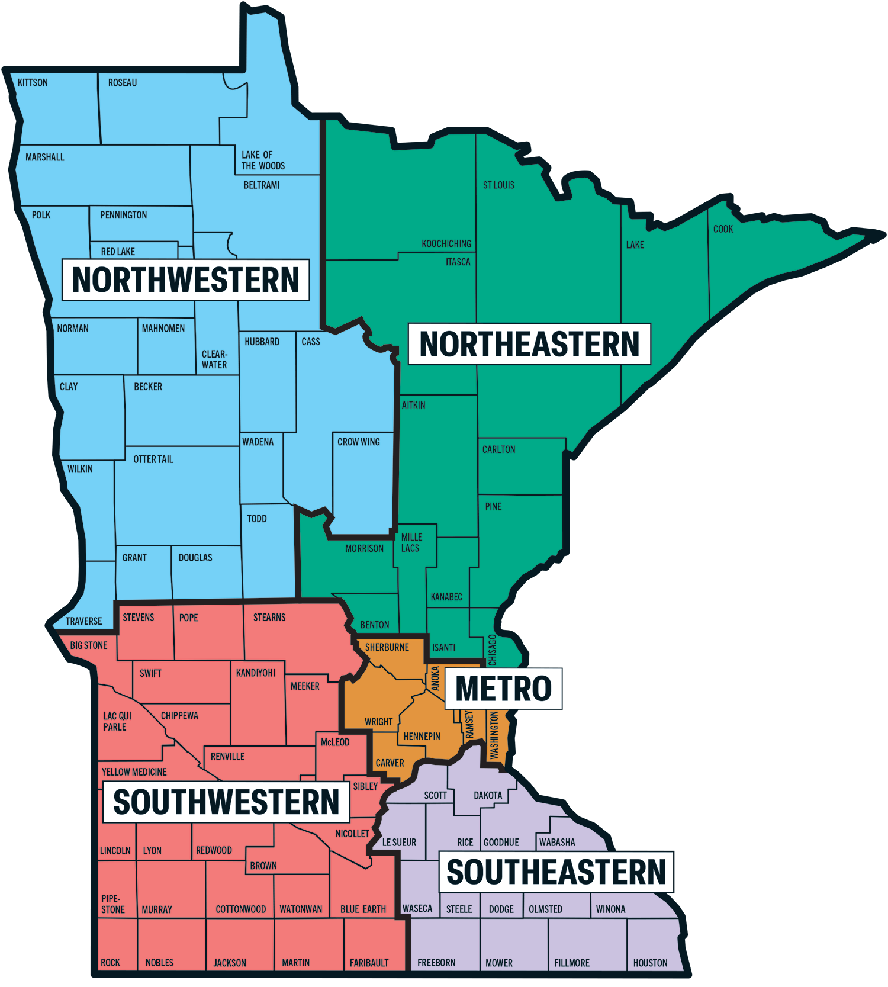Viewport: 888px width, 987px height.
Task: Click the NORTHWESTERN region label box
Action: click(x=185, y=280)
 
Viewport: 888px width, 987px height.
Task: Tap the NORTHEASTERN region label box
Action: click(x=529, y=344)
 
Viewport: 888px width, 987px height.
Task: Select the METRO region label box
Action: click(x=503, y=689)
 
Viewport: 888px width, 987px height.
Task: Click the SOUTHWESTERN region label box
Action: click(x=226, y=802)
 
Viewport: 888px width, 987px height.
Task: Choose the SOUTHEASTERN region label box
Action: click(x=556, y=872)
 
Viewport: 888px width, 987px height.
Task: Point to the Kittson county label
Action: click(x=33, y=83)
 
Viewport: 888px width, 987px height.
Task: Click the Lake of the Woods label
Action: click(x=263, y=160)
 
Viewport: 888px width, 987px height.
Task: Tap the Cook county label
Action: click(x=723, y=229)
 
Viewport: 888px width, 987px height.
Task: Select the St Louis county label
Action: click(x=498, y=185)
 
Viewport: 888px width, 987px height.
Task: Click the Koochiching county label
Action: click(x=446, y=244)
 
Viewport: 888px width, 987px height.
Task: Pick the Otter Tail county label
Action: click(x=153, y=459)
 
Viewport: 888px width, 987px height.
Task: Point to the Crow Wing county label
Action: click(x=359, y=442)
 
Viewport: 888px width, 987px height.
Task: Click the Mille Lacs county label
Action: click(x=411, y=542)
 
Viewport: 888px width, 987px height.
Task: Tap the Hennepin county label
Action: click(x=422, y=737)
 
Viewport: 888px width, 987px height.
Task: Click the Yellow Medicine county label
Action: click(x=134, y=772)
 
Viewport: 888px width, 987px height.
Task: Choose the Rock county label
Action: click(x=110, y=963)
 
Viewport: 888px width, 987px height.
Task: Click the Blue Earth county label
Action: click(x=363, y=909)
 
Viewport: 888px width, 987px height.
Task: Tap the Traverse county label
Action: click(x=83, y=621)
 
